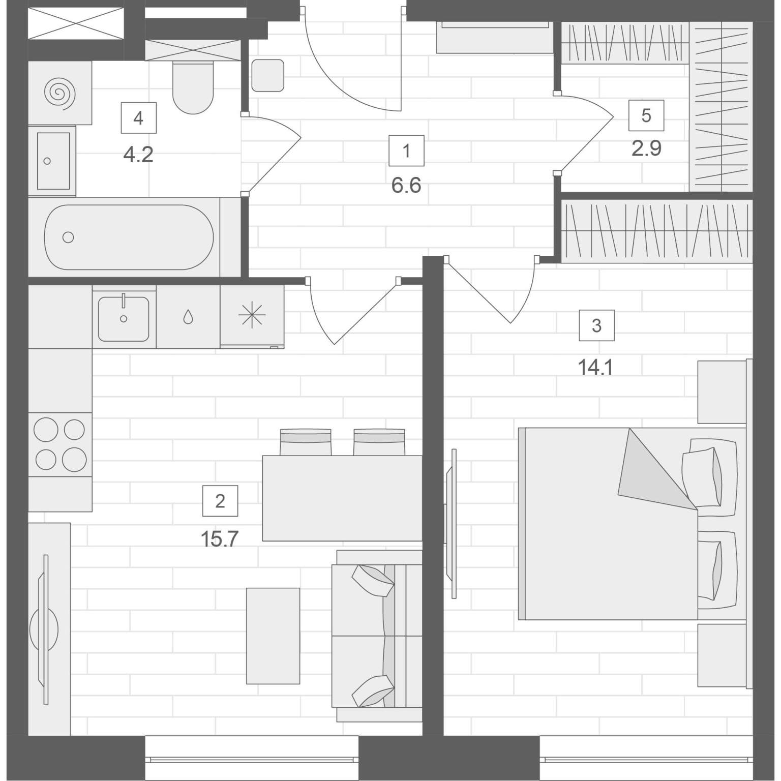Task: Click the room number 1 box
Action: (x=406, y=151)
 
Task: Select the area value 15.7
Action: (x=220, y=538)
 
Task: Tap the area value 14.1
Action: (x=595, y=367)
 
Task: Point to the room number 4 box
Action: (x=138, y=118)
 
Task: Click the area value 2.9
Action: (x=646, y=148)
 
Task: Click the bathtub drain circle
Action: (x=68, y=237)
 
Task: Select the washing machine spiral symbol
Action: (x=60, y=93)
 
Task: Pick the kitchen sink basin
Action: (x=124, y=319)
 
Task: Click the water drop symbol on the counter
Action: (x=188, y=317)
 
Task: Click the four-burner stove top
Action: (x=60, y=444)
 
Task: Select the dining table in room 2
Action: (x=342, y=498)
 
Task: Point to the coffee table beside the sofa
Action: (x=273, y=636)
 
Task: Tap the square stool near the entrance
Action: (x=267, y=75)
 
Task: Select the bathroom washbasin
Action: (x=53, y=161)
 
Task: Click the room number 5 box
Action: (x=646, y=115)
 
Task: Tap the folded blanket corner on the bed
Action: (x=656, y=468)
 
